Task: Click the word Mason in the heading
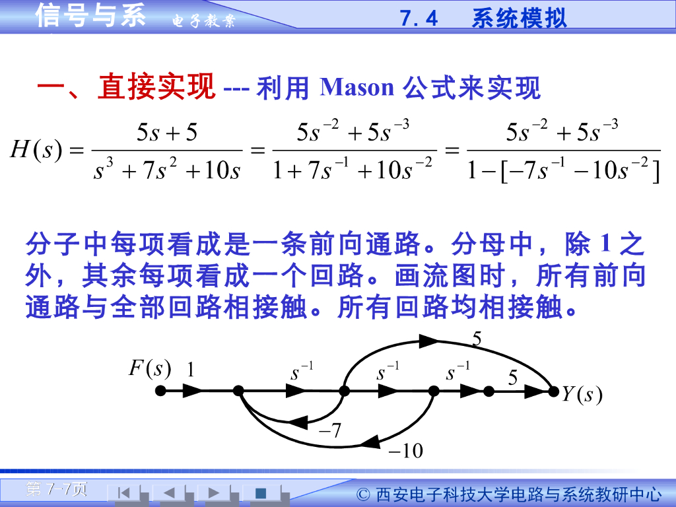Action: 356,87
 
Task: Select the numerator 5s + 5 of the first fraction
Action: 166,133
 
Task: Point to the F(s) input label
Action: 149,368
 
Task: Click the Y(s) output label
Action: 582,395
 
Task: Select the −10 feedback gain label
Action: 405,451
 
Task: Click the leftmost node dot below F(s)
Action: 160,391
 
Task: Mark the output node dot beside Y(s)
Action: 553,391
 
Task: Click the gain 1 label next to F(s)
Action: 191,370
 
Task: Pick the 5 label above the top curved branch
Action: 477,339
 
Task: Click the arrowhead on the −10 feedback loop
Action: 374,440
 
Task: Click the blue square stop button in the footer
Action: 261,492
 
